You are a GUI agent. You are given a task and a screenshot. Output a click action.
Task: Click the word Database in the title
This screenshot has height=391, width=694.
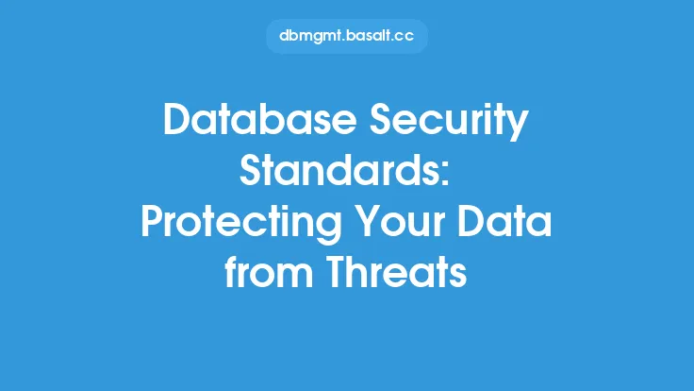click(260, 119)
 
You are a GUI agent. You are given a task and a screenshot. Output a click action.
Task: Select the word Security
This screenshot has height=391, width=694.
click(449, 122)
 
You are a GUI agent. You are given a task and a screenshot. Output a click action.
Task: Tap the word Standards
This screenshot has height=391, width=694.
click(339, 170)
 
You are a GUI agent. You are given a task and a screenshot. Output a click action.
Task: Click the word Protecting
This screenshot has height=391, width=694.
click(241, 224)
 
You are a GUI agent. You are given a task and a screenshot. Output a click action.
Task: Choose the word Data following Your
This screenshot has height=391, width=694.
click(504, 221)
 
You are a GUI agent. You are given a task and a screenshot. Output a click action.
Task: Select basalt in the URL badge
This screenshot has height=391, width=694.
click(369, 36)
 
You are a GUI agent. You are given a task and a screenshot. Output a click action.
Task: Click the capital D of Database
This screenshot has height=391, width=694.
click(177, 119)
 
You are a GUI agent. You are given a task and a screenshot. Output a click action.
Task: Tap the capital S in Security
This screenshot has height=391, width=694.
click(381, 119)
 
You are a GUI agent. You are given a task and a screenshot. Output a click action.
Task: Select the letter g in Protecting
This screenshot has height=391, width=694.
click(330, 229)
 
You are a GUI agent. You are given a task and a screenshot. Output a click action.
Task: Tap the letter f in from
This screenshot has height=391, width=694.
click(230, 271)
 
